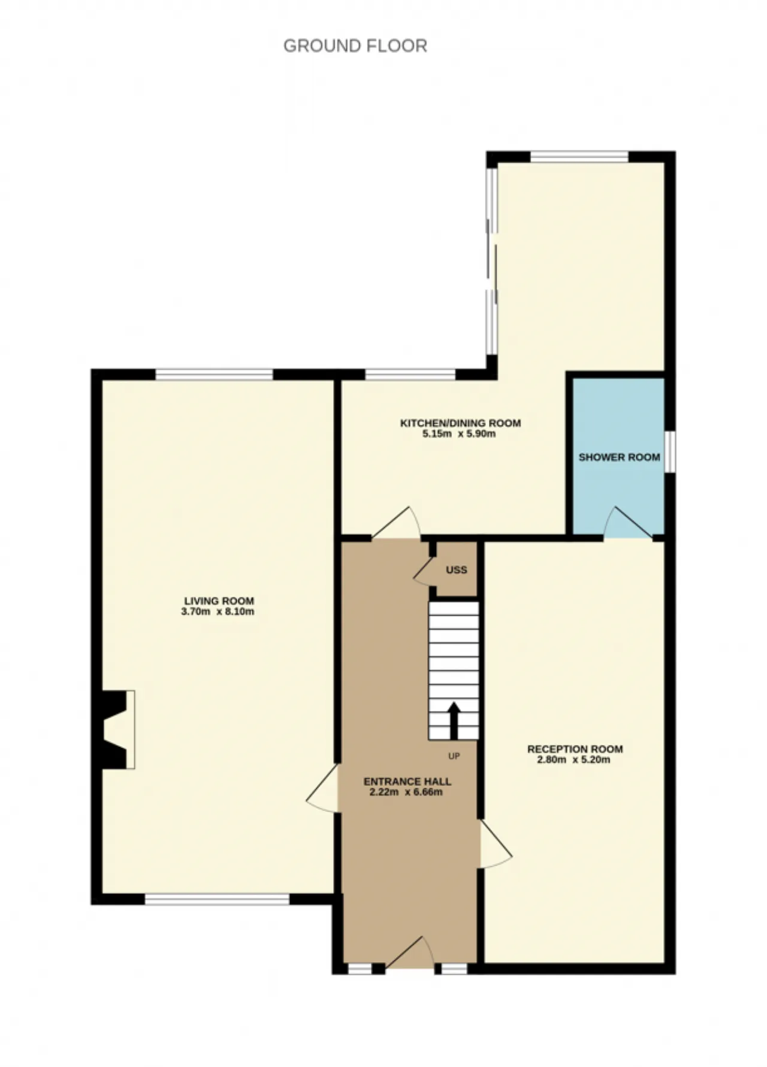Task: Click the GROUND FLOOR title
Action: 355,46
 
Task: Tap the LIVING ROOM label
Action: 219,601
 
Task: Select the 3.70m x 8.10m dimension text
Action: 218,612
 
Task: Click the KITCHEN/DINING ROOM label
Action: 460,423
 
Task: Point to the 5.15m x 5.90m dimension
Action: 459,434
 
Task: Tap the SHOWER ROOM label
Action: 619,457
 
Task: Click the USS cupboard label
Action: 456,570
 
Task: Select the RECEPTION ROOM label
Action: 575,749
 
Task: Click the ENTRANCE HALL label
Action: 407,782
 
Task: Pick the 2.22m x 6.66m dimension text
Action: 406,792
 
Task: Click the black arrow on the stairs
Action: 454,721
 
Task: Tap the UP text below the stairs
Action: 454,756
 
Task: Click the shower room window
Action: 671,451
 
